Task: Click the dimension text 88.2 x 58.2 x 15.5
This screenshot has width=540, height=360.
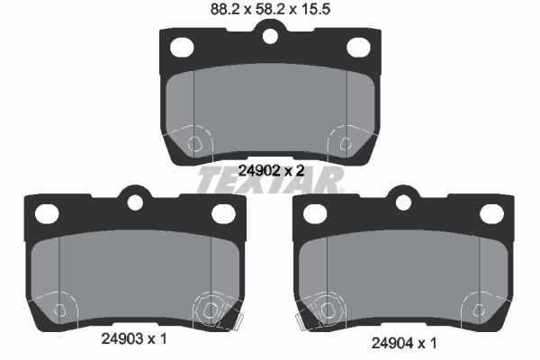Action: pyautogui.click(x=270, y=9)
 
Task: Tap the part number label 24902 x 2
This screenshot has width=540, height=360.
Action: pyautogui.click(x=272, y=170)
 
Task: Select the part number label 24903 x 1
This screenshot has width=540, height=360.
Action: pyautogui.click(x=134, y=339)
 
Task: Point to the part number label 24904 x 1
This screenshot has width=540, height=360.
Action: pyautogui.click(x=404, y=343)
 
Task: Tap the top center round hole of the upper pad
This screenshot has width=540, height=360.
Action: pyautogui.click(x=270, y=36)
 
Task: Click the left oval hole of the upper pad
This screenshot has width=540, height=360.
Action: pyautogui.click(x=182, y=47)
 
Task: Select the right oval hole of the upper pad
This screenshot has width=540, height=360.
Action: pyautogui.click(x=358, y=47)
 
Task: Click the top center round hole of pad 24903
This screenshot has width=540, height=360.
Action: pyautogui.click(x=135, y=202)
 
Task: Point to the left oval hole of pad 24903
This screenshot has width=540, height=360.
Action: pyautogui.click(x=47, y=213)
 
